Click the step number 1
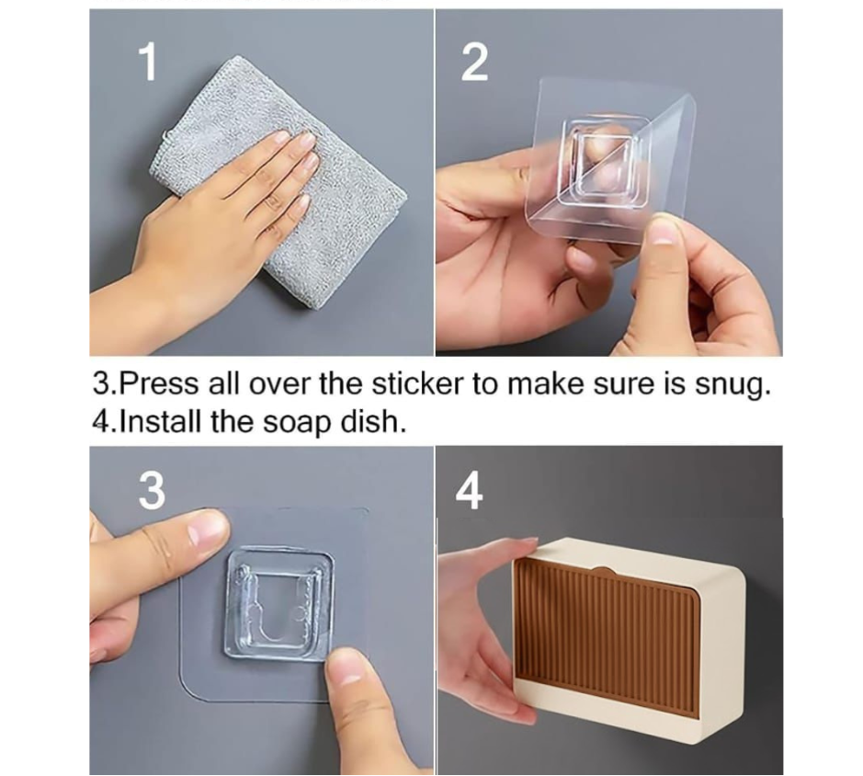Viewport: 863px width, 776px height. (147, 63)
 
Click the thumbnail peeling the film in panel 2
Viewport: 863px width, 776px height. (663, 229)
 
